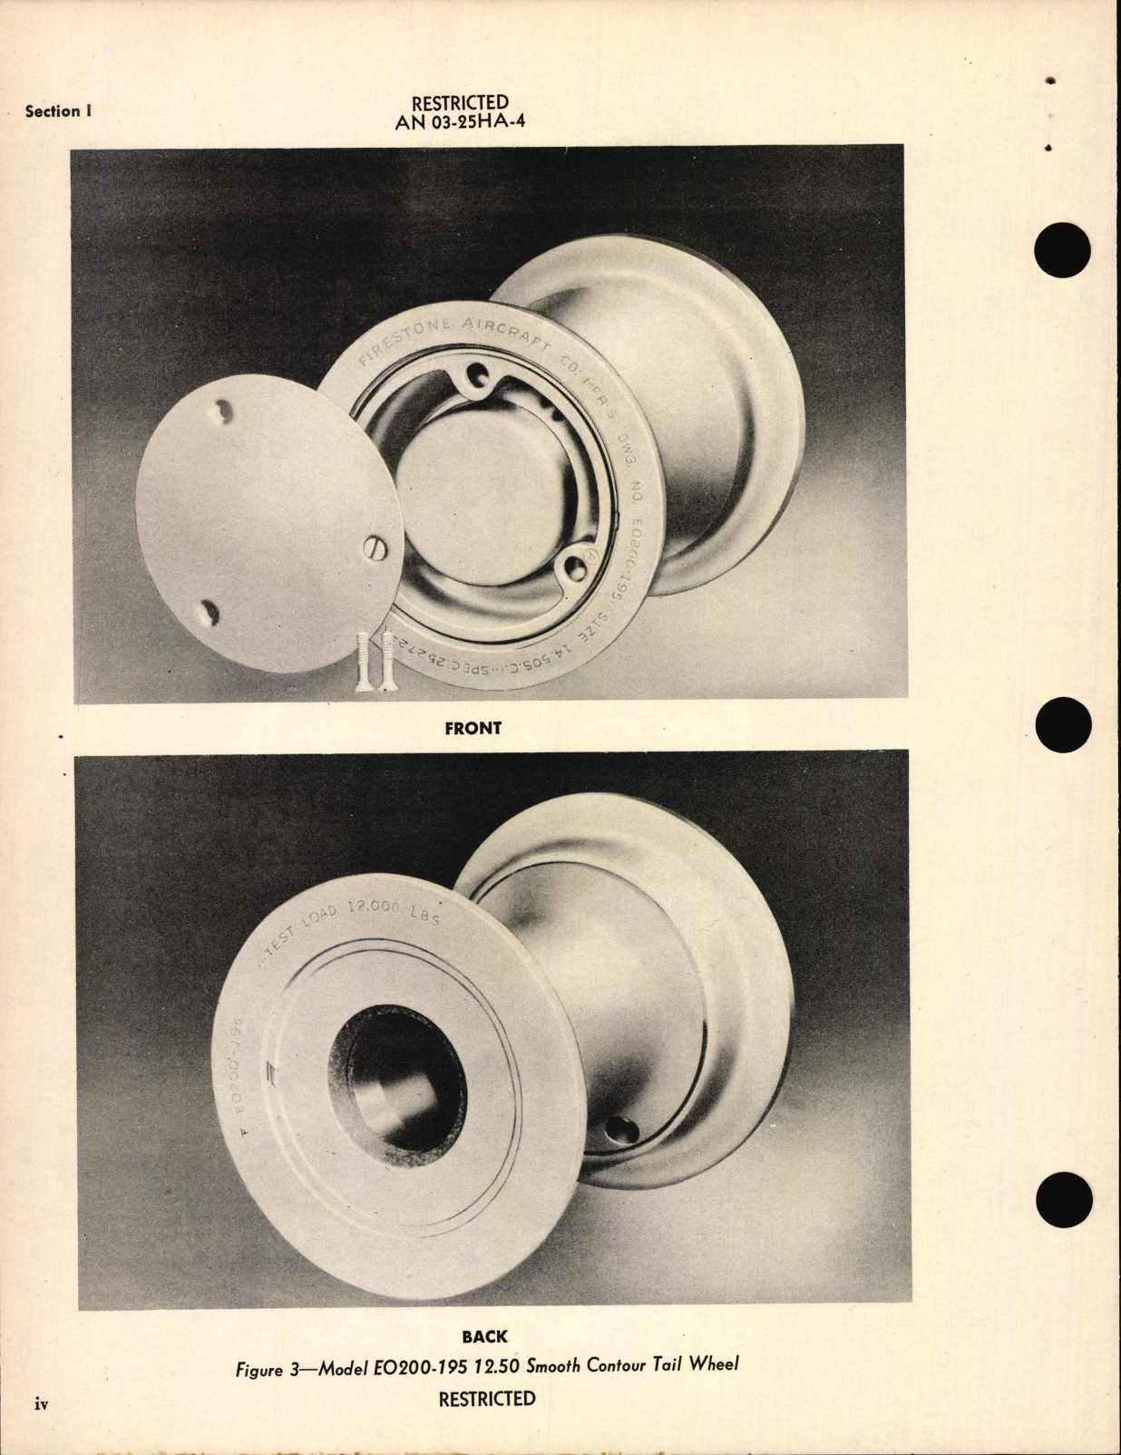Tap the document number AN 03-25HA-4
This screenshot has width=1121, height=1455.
(460, 122)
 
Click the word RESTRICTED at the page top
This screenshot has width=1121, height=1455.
(460, 102)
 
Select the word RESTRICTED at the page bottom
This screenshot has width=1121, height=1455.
(487, 1399)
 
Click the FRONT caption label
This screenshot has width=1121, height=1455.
(473, 727)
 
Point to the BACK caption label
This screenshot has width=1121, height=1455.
(484, 1336)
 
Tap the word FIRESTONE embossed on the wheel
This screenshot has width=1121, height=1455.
(397, 341)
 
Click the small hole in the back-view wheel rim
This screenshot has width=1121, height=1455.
(623, 1130)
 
